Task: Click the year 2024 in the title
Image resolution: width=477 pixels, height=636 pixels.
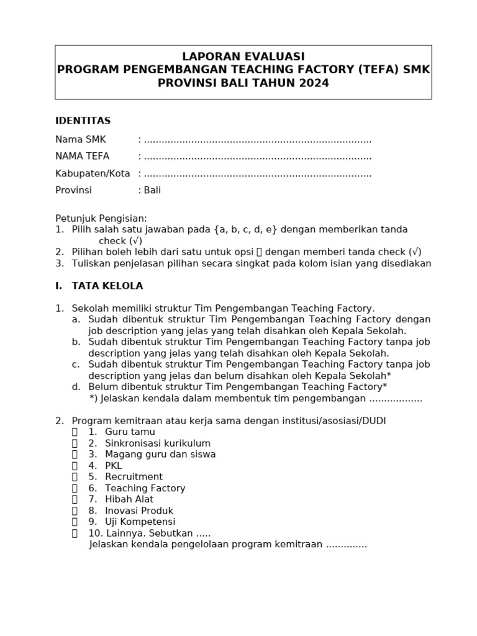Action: pos(313,83)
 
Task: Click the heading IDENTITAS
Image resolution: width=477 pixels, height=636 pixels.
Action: pos(83,120)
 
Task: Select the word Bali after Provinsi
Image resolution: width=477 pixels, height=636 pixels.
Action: pos(152,190)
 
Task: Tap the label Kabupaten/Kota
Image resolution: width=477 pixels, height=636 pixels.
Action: pos(93,173)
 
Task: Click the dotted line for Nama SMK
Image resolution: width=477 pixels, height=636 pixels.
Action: pos(258,140)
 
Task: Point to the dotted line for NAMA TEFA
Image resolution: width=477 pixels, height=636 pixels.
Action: pos(258,157)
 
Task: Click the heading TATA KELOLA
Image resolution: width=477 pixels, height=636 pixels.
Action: pos(107,286)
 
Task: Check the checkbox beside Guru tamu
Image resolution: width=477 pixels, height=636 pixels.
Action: pos(75,432)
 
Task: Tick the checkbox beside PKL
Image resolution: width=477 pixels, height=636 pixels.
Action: pos(75,466)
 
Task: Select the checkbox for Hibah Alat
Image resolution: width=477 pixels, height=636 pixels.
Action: pos(75,499)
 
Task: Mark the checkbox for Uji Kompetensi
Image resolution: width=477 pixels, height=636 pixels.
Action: pos(75,522)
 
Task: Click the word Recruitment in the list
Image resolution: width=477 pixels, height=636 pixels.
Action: pos(134,477)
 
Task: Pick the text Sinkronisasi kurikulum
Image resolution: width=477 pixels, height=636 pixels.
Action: pos(158,443)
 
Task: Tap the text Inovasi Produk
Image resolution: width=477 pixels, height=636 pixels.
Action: pos(139,511)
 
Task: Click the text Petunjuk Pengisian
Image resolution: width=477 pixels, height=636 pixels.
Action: pos(101,219)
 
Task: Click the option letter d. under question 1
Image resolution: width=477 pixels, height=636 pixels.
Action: pos(76,387)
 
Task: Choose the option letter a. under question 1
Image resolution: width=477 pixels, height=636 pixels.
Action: pos(76,319)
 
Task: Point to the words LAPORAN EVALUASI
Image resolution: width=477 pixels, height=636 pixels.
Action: pos(243,57)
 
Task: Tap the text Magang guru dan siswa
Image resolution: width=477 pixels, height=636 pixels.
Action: pos(160,455)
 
